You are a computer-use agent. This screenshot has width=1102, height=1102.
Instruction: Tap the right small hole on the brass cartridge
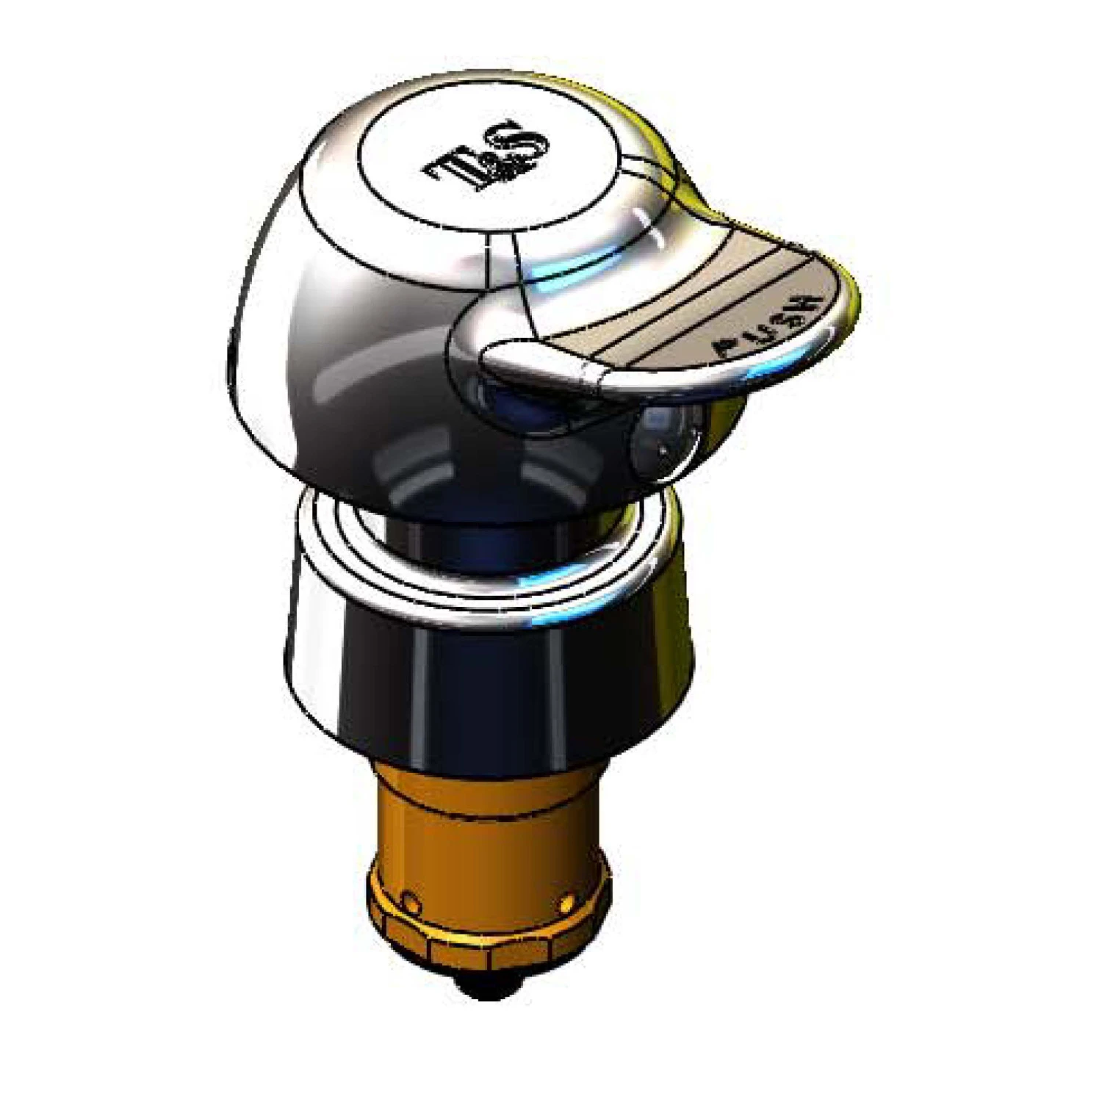click(x=566, y=901)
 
